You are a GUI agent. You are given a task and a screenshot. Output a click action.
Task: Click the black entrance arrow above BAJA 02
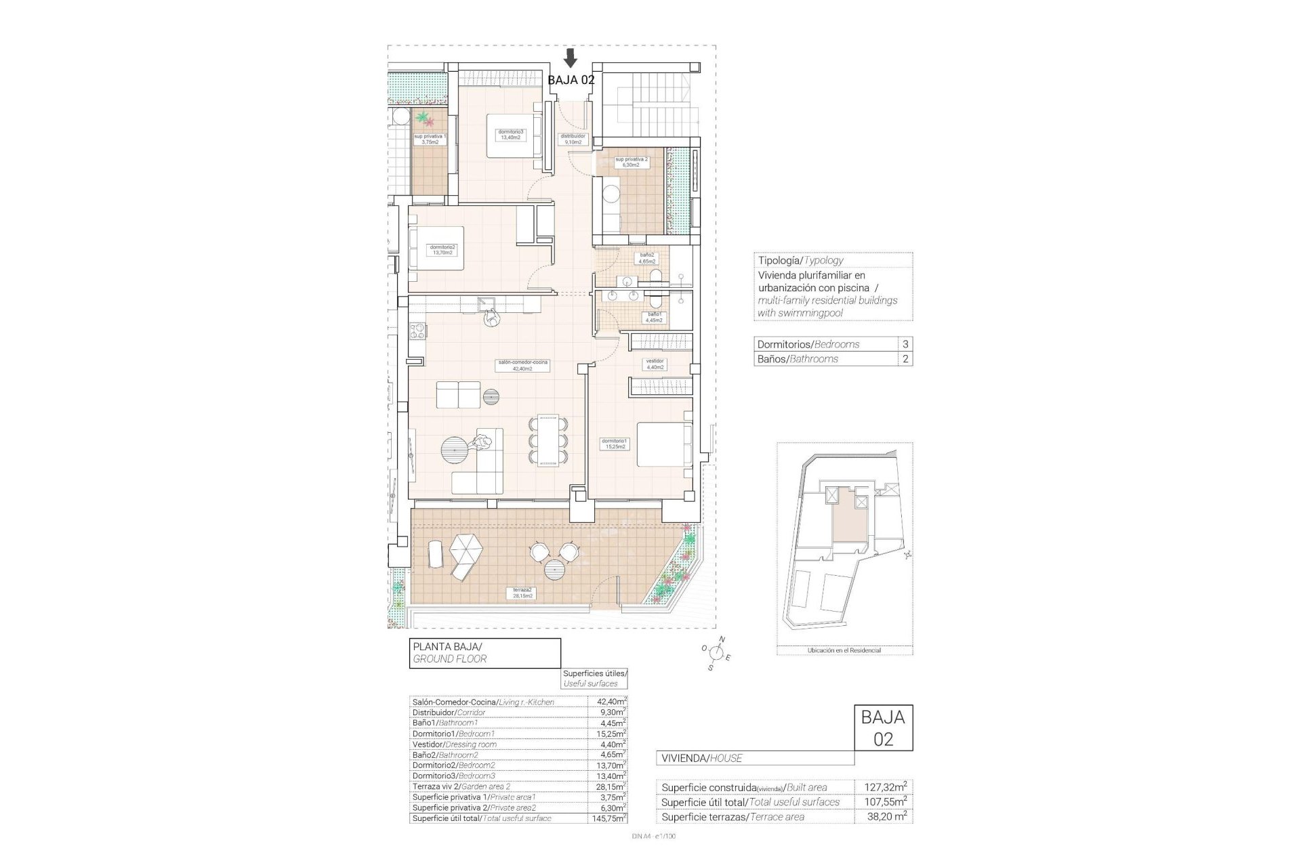coord(571,58)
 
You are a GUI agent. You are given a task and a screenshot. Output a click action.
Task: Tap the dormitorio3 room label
coord(510,134)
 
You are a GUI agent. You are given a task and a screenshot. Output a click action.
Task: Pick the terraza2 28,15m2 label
coord(522,593)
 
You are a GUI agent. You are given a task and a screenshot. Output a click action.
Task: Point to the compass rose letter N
coord(722,639)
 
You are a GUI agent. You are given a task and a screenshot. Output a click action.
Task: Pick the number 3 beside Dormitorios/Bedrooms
coord(905,344)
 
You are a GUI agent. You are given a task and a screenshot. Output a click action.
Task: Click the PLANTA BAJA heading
coord(447,647)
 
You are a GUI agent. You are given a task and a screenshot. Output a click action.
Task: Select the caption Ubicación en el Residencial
coord(844,650)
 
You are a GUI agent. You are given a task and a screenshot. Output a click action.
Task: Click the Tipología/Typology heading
coord(800,260)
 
